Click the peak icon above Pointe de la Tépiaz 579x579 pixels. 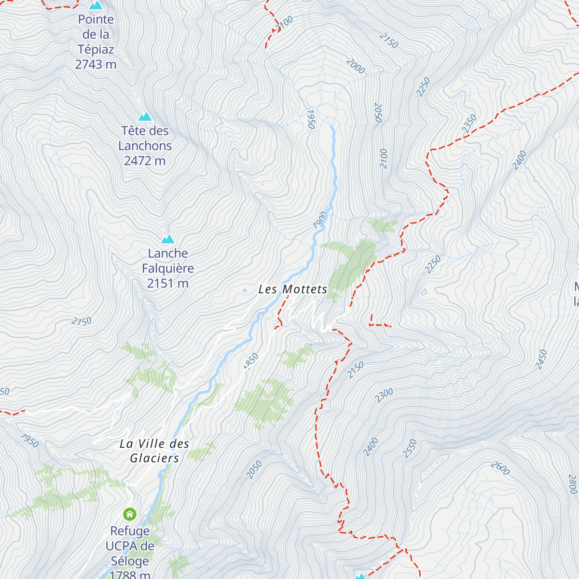pos(96,6)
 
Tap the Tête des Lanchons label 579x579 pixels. pos(145,138)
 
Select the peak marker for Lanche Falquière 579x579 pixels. pos(167,239)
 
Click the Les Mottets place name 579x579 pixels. pos(293,289)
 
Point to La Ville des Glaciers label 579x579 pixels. pos(154,451)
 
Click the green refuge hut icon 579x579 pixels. pos(130,514)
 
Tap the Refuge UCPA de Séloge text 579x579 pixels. pos(130,546)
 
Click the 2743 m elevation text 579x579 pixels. pos(96,64)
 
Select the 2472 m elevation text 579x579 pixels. pos(145,161)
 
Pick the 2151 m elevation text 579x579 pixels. pos(167,283)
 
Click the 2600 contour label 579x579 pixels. pos(500,468)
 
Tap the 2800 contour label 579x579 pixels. pos(572,484)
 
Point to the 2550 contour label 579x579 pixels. pos(410,449)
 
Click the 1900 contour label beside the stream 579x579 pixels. pos(319,220)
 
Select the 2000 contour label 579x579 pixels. pos(356,66)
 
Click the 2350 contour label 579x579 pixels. pos(469,124)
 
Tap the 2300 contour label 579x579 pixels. pos(385,396)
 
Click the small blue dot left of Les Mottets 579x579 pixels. pos(245,290)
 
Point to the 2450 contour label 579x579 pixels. pos(541,359)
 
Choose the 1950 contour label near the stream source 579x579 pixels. pos(311,119)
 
